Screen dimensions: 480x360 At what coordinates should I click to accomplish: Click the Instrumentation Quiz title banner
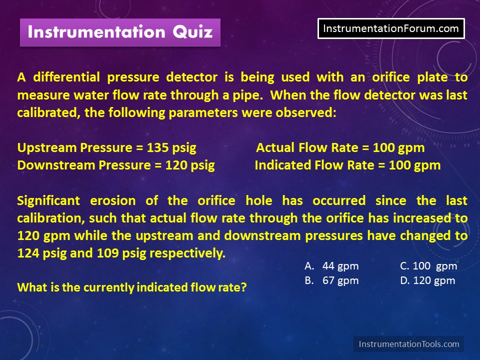[120, 32]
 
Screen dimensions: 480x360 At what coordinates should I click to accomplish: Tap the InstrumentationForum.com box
[391, 28]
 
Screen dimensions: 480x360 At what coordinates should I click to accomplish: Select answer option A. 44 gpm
[331, 266]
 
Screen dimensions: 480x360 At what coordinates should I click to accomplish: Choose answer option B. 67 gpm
[331, 280]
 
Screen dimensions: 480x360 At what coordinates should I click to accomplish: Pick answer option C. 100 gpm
[428, 266]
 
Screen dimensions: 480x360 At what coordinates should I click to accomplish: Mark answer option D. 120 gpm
[427, 280]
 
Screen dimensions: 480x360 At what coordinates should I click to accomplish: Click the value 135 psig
[171, 148]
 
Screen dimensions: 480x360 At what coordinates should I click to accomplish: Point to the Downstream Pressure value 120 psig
[190, 165]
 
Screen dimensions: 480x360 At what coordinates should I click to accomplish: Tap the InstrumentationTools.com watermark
[408, 344]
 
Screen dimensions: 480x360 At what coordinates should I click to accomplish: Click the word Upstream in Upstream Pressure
[47, 148]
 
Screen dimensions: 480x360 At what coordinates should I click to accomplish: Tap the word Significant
[48, 201]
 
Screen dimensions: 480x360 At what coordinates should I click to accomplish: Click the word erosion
[113, 201]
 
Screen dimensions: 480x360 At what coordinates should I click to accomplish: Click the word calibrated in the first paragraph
[49, 112]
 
